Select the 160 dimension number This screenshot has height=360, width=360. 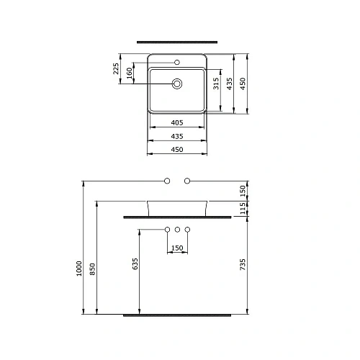(x=129, y=73)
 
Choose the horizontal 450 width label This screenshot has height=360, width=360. (x=176, y=149)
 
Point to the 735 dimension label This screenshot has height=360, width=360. (x=243, y=264)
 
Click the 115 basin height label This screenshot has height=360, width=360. (x=243, y=208)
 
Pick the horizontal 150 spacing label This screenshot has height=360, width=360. (x=176, y=249)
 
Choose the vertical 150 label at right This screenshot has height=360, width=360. (x=243, y=190)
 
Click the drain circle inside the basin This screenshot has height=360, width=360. (x=176, y=84)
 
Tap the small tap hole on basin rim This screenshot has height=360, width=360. (x=176, y=60)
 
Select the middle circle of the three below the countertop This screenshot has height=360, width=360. (x=176, y=230)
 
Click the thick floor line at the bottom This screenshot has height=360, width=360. (x=176, y=315)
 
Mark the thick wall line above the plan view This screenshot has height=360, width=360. (x=176, y=40)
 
